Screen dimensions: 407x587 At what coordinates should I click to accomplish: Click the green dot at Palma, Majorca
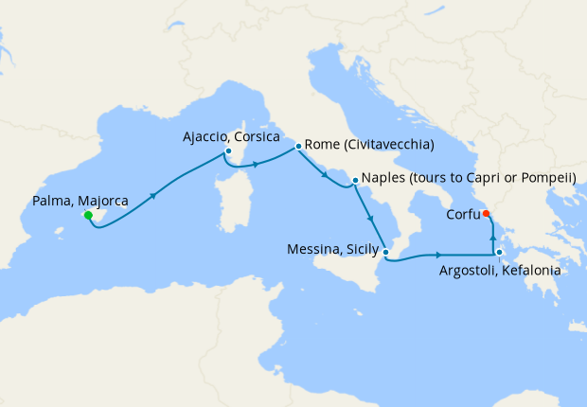pyautogui.click(x=88, y=216)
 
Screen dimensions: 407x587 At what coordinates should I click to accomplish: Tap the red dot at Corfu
pyautogui.click(x=487, y=213)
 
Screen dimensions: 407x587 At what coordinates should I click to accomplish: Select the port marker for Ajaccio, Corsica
pyautogui.click(x=228, y=150)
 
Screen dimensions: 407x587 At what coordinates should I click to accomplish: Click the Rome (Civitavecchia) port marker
pyautogui.click(x=298, y=146)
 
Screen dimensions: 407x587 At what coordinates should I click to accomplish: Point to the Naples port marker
pyautogui.click(x=354, y=180)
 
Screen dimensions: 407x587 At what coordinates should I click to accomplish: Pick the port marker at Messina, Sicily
pyautogui.click(x=386, y=252)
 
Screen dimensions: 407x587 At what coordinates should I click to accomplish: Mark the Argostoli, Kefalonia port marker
pyautogui.click(x=499, y=253)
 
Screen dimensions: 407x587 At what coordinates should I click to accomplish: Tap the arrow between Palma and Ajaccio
pyautogui.click(x=152, y=198)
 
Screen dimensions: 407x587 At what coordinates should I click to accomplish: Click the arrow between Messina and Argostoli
pyautogui.click(x=438, y=255)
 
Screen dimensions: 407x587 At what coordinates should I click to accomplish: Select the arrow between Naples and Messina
pyautogui.click(x=372, y=220)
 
